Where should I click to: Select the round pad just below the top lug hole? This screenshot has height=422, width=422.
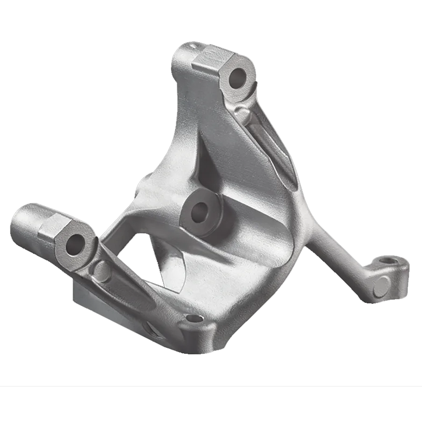[x=243, y=112]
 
